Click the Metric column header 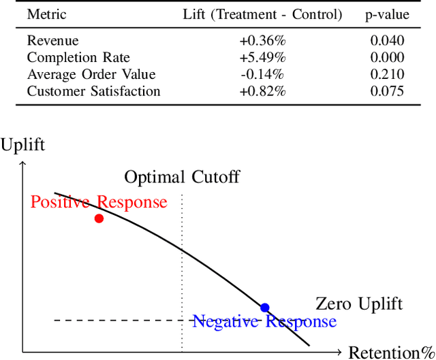(x=47, y=14)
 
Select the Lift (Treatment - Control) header (x=262, y=14)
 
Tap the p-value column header (x=387, y=14)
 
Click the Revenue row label (x=52, y=41)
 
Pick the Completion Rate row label (x=78, y=58)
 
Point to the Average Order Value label (x=91, y=74)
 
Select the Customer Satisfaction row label (x=94, y=91)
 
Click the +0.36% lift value (x=262, y=41)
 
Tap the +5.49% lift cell (x=262, y=58)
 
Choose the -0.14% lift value (x=262, y=74)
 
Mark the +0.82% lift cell (x=262, y=91)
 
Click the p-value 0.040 (x=387, y=41)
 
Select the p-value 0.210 (x=387, y=74)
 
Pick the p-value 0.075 (x=387, y=91)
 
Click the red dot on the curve (x=99, y=218)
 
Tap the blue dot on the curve (x=265, y=308)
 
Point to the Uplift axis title (x=23, y=144)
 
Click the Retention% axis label (x=391, y=352)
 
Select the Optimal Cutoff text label (x=182, y=178)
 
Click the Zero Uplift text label (x=359, y=304)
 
